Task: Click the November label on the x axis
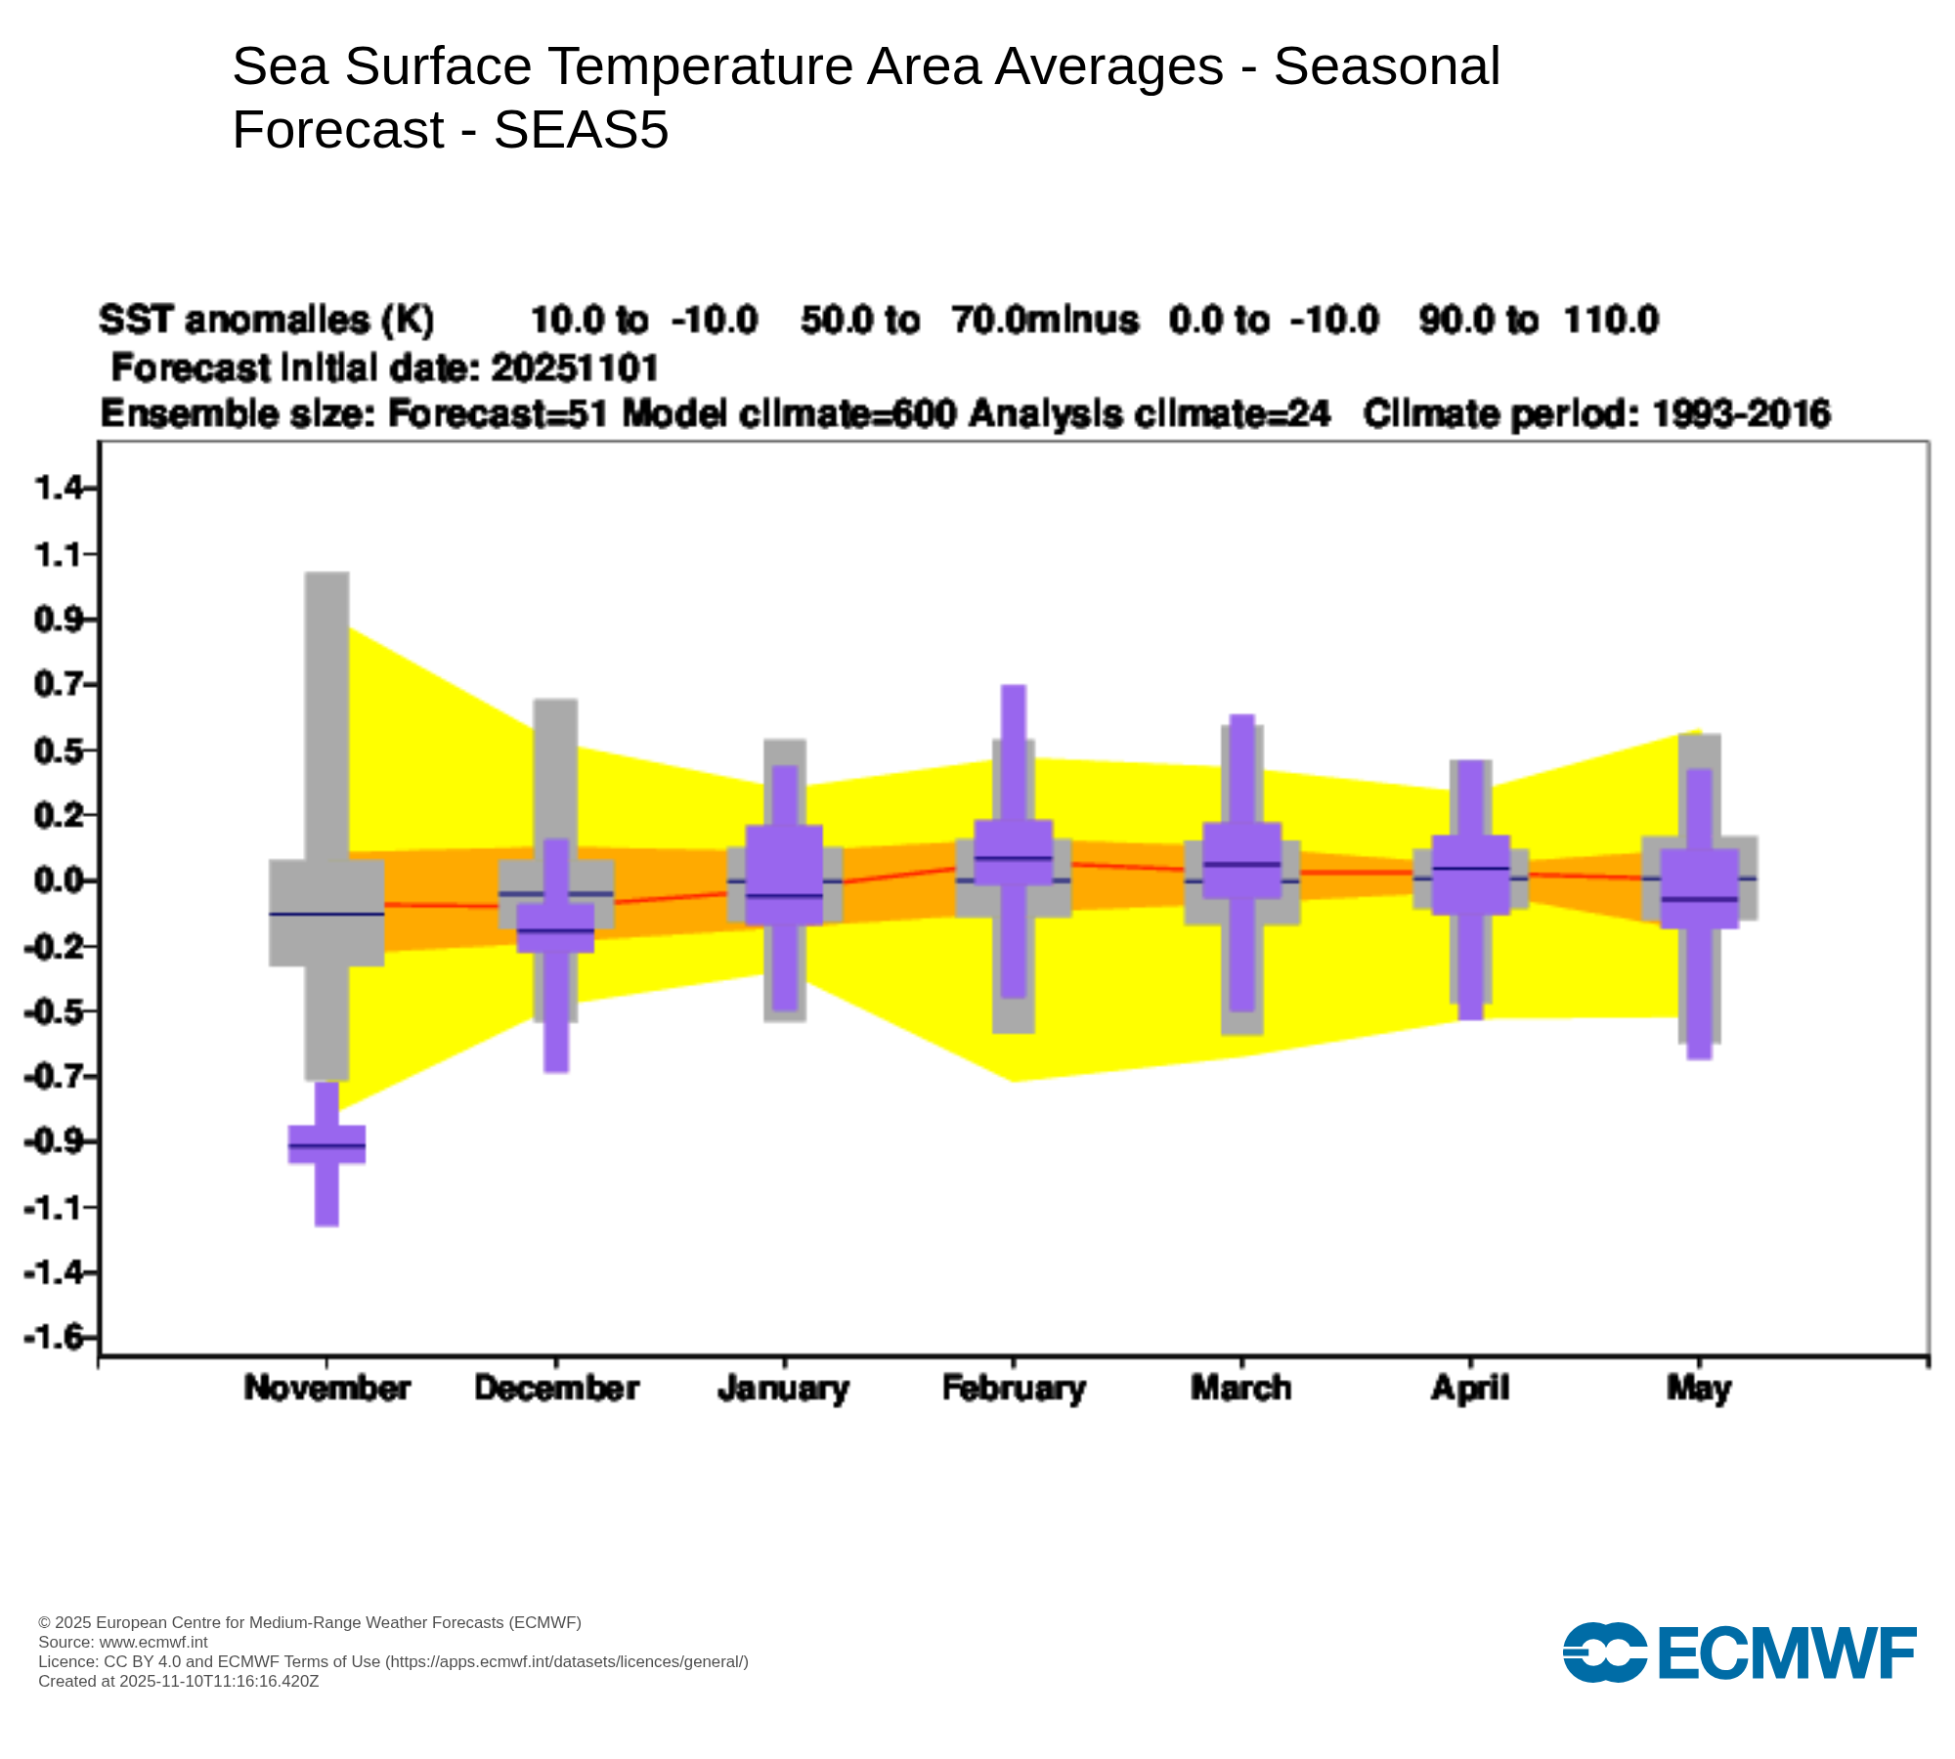326,1389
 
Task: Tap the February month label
1014,1389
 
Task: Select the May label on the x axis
1699,1389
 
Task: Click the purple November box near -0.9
326,1144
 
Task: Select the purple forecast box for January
784,875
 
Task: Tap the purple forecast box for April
1470,875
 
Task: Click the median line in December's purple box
555,929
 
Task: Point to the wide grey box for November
326,913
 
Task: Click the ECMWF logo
1739,1652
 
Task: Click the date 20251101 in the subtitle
575,368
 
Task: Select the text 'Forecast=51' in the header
498,414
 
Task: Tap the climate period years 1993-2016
1741,414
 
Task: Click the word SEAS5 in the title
581,130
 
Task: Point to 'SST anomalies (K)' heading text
266,321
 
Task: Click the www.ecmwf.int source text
153,1643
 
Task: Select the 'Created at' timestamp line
178,1681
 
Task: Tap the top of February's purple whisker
1014,688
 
